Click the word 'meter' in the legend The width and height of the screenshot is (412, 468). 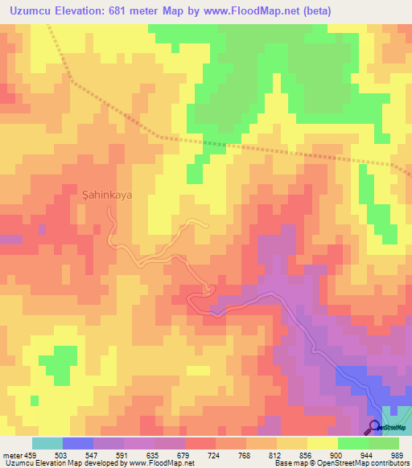point(11,455)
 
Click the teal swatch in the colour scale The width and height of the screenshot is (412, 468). point(47,443)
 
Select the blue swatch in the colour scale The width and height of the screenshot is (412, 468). point(78,443)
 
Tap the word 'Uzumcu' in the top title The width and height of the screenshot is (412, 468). point(29,10)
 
